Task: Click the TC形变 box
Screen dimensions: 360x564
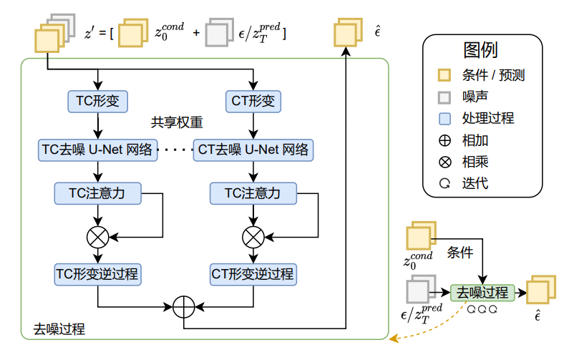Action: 97,101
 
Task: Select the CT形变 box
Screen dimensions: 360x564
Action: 253,101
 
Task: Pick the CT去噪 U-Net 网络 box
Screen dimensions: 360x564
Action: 253,150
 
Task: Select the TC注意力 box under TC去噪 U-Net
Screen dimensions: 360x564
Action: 97,193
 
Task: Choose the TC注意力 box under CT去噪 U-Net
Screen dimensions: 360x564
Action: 253,193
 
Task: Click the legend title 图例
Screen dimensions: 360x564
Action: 480,50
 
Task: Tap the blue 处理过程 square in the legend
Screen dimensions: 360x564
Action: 444,119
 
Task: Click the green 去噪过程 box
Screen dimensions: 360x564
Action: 482,292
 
